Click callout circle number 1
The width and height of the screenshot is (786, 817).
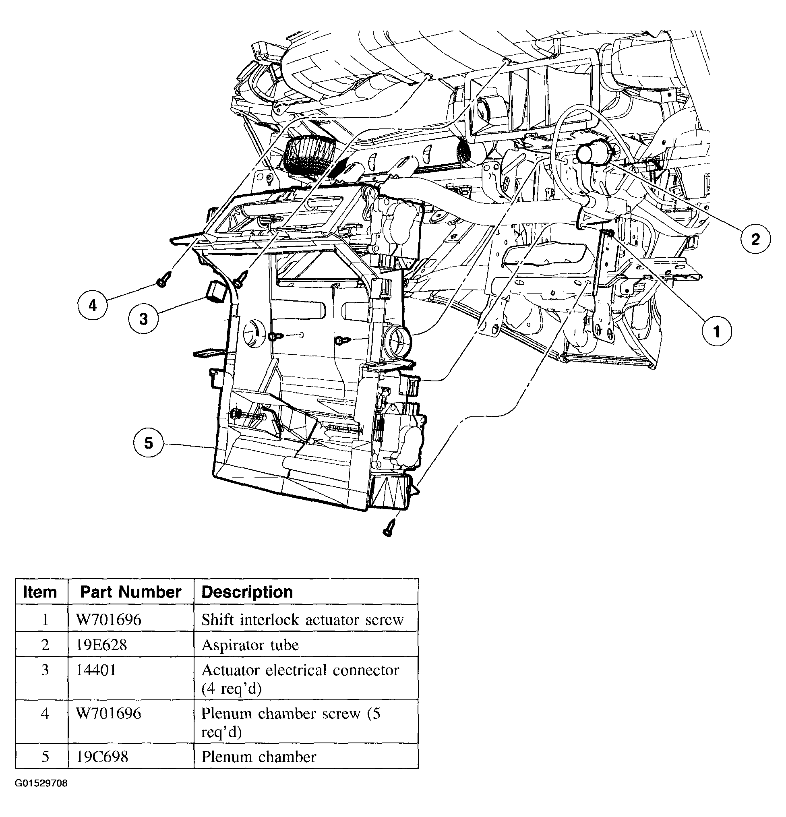tap(716, 332)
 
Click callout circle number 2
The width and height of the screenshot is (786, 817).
tap(755, 239)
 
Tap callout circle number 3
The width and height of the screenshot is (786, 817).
tap(143, 319)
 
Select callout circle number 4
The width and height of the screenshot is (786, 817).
tap(93, 306)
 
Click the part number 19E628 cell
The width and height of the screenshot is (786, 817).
tap(101, 645)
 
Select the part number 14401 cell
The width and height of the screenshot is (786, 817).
tap(96, 671)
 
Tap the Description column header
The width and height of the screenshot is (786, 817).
tap(247, 592)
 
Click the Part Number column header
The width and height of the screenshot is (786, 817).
tap(130, 592)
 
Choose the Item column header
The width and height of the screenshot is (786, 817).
tap(40, 592)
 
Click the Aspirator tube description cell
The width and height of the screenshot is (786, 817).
tap(250, 645)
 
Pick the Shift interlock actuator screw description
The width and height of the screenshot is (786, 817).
tap(302, 620)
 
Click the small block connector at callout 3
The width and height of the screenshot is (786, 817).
tap(216, 291)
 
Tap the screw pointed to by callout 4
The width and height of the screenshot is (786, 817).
tap(163, 280)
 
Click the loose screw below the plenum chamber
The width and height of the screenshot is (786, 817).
tap(389, 528)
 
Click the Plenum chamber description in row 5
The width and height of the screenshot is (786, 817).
tap(259, 757)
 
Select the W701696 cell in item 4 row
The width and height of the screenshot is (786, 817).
tap(108, 714)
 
